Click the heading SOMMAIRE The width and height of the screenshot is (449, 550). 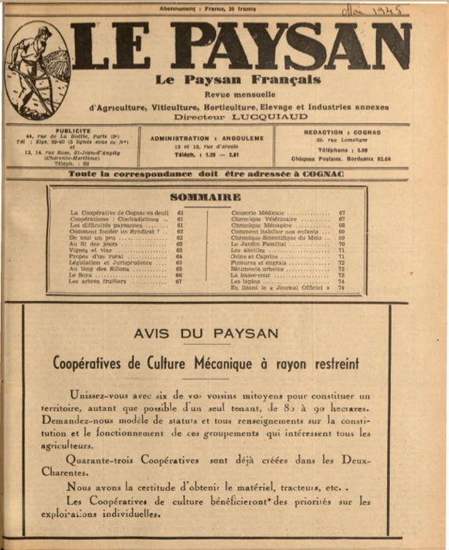206,196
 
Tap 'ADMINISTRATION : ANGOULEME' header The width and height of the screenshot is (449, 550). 206,137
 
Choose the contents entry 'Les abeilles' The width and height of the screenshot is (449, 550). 246,250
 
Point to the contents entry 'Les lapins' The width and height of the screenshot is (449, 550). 244,281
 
